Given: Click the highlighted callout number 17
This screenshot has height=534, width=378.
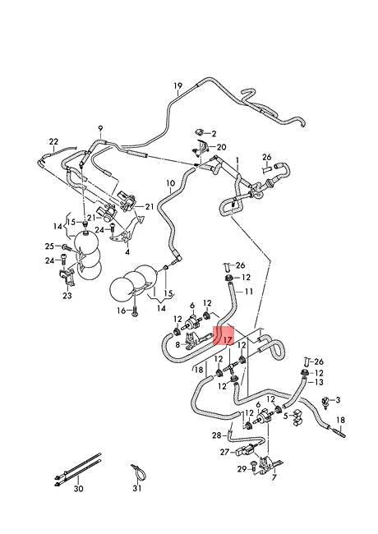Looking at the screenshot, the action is (x=228, y=340).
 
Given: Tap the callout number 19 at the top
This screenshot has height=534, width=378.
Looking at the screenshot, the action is (x=178, y=85).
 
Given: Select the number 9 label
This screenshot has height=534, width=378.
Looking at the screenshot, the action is (x=100, y=129).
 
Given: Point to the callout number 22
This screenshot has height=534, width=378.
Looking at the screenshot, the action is (x=53, y=141).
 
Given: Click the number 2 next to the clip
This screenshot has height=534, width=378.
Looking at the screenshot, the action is (x=214, y=134).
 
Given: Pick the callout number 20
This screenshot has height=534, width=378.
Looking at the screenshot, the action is (x=221, y=147).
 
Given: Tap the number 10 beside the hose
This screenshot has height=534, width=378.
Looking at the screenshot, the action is (x=171, y=183).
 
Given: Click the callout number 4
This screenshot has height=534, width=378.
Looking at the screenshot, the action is (x=127, y=252).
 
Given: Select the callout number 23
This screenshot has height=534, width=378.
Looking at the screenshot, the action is (x=67, y=295).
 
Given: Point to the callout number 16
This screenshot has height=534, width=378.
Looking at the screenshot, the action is (x=122, y=311).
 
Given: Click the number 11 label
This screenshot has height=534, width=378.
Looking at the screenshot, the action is (x=249, y=292).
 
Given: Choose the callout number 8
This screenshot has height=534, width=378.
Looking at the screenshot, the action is (x=177, y=345).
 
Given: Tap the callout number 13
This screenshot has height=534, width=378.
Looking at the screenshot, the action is (x=318, y=382).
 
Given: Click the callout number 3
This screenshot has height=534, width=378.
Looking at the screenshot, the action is (x=338, y=400).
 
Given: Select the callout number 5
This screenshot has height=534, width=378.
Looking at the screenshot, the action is (x=285, y=416).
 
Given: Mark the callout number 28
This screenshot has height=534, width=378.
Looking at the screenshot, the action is (x=217, y=435).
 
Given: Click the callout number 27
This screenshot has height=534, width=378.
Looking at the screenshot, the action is (x=225, y=452).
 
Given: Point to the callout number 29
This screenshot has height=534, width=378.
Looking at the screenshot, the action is (x=242, y=469).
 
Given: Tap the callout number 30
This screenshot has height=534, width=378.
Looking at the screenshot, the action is (x=78, y=489).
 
